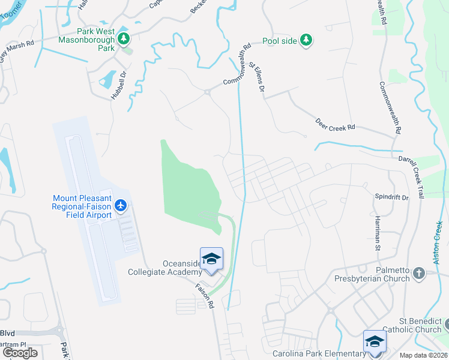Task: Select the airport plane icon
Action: point(121,206)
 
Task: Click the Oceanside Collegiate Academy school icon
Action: point(211,259)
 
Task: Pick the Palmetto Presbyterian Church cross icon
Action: point(419,274)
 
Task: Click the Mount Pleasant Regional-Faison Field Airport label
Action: point(82,206)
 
